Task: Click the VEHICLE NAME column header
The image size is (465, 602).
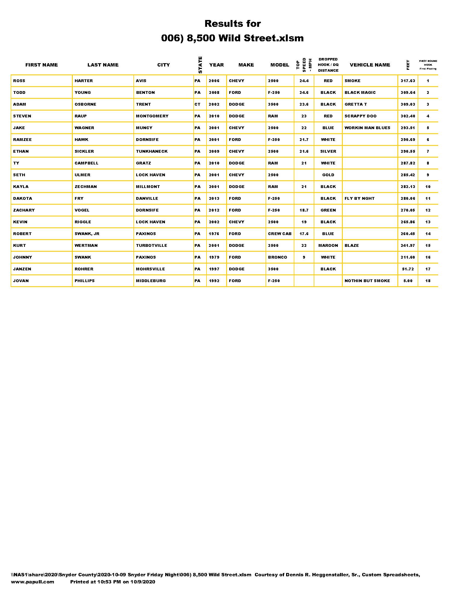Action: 370,65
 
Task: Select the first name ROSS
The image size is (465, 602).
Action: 19,81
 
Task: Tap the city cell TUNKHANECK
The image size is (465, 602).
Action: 152,151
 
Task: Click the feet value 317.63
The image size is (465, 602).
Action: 408,81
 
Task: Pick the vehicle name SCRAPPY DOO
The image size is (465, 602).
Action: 360,116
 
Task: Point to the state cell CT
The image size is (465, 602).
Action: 197,104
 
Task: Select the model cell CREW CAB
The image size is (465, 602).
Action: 280,234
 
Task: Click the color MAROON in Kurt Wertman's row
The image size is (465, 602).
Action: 328,245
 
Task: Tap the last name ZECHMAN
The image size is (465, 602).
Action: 86,187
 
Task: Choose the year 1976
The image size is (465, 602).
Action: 214,234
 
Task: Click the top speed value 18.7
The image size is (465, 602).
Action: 304,210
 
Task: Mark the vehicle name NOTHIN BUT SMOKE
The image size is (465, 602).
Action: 367,280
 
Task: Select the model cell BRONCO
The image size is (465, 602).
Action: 277,257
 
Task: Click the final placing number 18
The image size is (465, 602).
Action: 428,280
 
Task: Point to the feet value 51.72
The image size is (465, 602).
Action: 408,269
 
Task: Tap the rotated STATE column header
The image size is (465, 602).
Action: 200,65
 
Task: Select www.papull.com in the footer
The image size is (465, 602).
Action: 33,581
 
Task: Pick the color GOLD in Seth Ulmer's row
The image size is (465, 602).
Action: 328,175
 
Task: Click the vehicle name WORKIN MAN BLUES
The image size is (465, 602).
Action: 367,128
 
